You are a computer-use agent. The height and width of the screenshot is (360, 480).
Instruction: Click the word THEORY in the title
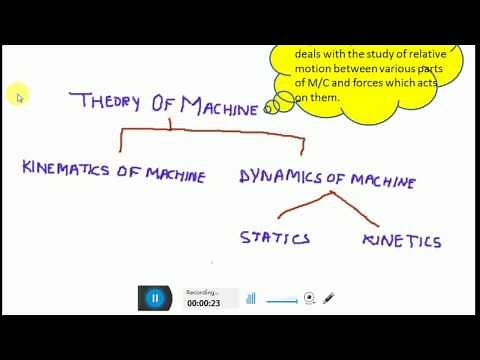107,101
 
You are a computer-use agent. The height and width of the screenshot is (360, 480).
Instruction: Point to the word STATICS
274,238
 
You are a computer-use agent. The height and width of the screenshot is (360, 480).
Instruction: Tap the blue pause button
155,297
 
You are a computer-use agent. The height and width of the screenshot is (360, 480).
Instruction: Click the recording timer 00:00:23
203,303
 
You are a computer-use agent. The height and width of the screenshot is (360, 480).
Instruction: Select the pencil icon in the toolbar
328,297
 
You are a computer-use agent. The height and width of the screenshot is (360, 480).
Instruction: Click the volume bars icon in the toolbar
251,297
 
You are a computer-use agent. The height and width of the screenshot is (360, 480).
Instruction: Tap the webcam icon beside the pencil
309,297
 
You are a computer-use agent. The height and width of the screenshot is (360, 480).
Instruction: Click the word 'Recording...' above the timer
201,292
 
